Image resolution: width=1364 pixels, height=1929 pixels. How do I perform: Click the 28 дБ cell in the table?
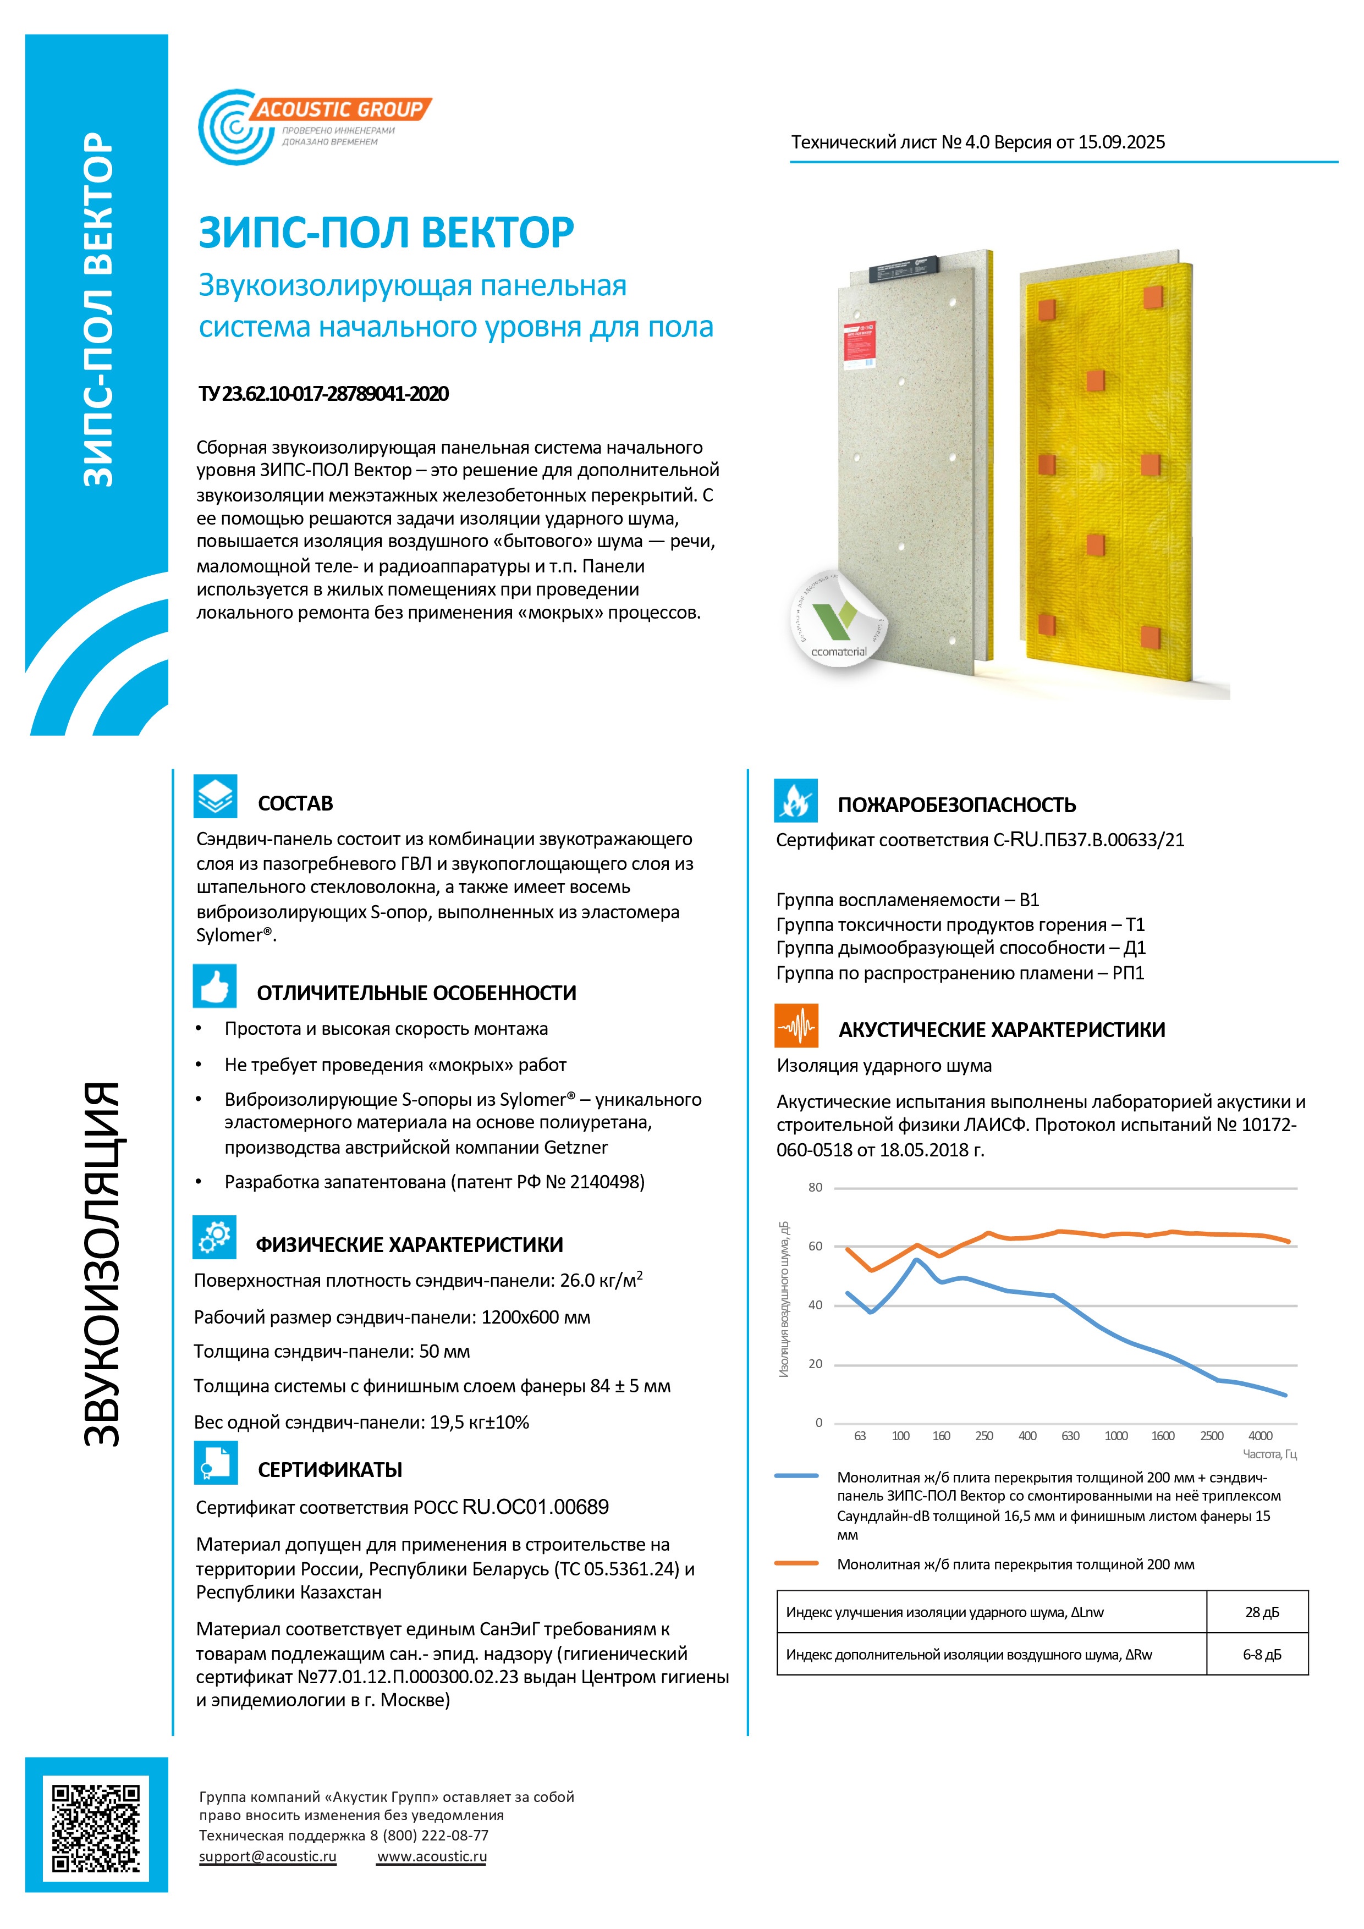1262,1611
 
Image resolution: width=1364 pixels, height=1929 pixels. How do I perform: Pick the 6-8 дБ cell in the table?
1262,1654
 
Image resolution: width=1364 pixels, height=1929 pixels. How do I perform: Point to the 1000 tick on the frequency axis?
1115,1436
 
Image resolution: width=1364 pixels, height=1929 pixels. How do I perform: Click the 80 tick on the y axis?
815,1187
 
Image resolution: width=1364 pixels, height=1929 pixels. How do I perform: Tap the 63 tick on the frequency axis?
860,1436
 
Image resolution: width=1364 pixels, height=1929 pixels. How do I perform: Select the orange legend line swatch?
796,1563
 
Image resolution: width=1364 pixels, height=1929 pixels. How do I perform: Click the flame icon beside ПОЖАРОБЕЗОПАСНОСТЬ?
795,801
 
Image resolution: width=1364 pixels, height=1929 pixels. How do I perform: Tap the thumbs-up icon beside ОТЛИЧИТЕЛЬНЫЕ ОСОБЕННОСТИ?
215,985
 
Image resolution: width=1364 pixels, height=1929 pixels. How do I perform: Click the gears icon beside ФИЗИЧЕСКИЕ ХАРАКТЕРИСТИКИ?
215,1237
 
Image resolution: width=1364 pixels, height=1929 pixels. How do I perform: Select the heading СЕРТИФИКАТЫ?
329,1469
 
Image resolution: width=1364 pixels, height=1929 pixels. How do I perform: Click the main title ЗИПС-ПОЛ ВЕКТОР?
386,233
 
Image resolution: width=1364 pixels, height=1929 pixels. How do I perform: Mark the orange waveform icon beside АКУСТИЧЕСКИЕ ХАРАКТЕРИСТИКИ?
796,1026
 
